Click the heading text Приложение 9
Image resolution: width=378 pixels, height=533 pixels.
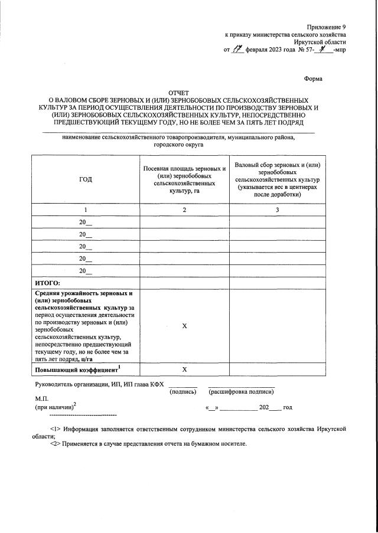(327, 27)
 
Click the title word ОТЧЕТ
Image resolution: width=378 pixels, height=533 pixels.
(180, 93)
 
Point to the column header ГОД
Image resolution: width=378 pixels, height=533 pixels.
(85, 179)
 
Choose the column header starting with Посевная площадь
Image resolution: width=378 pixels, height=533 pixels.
(184, 179)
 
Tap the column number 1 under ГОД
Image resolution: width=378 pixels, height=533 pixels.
(85, 210)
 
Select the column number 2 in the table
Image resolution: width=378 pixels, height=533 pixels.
(184, 210)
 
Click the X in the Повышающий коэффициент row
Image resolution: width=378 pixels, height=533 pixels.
(184, 369)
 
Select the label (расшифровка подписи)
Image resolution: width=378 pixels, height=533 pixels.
(241, 392)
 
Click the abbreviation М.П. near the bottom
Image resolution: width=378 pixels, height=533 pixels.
(41, 399)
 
